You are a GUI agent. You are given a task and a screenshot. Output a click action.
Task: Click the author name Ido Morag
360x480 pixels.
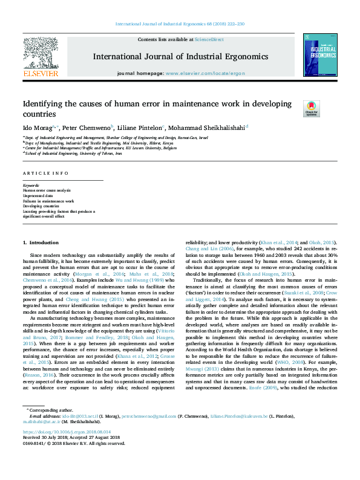pos(38,128)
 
